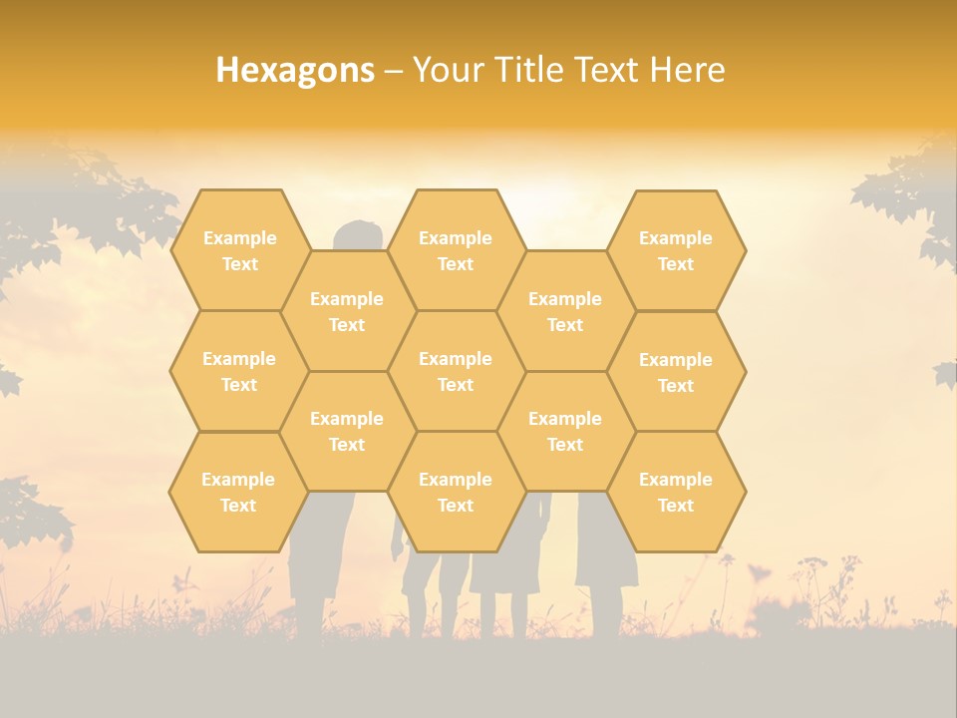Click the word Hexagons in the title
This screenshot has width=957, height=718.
(295, 70)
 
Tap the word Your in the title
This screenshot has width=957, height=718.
(447, 70)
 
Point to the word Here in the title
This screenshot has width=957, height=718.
(688, 70)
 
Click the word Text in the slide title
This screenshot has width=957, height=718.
(607, 70)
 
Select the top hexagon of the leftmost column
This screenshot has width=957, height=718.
(239, 250)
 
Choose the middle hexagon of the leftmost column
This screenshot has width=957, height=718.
(239, 371)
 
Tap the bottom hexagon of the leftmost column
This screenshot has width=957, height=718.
(238, 492)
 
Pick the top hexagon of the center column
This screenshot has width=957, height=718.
(456, 250)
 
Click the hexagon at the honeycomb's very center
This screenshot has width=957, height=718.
(456, 371)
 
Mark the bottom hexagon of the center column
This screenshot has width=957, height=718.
(456, 492)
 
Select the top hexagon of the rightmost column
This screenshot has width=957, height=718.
(676, 250)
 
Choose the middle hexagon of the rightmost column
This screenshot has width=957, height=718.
(676, 372)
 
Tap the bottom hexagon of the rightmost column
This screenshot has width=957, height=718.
(676, 492)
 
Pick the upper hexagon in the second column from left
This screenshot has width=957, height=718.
(347, 311)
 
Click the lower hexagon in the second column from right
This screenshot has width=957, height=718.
(565, 431)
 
